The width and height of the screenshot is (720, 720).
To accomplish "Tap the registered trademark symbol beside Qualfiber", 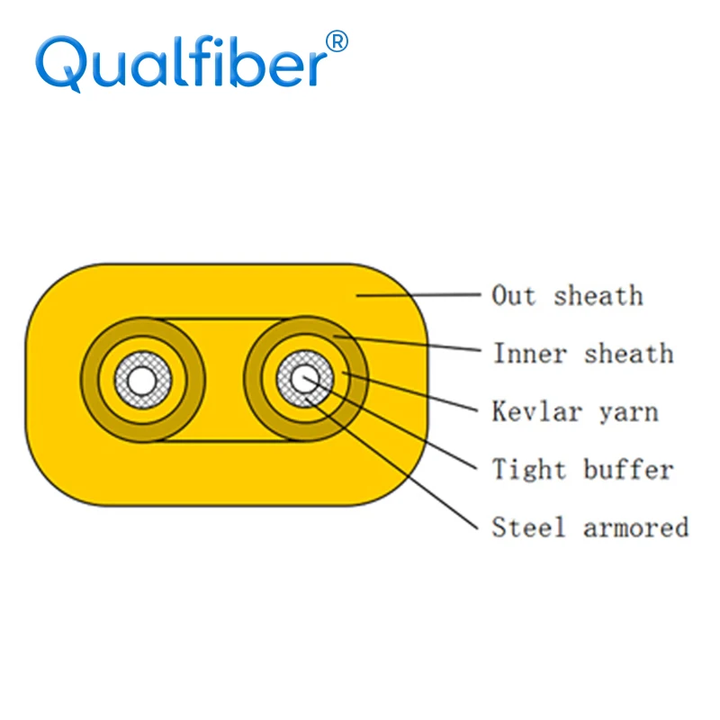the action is tap(335, 41).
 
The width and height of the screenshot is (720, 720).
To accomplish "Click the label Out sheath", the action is tap(567, 295).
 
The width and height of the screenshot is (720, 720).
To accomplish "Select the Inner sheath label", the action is tap(582, 353).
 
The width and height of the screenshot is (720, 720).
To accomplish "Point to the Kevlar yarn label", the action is tap(575, 411).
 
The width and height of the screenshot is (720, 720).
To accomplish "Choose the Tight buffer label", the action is tap(582, 469).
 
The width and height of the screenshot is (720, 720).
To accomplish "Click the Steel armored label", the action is tap(589, 526).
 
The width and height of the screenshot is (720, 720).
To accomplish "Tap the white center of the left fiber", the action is tap(141, 379).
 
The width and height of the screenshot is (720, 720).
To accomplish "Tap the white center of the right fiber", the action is tap(303, 379).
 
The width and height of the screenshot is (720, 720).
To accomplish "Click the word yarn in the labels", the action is tap(628, 411).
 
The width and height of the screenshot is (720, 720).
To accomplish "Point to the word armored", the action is tap(635, 526).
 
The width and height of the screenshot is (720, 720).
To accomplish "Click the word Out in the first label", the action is tap(514, 295).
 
